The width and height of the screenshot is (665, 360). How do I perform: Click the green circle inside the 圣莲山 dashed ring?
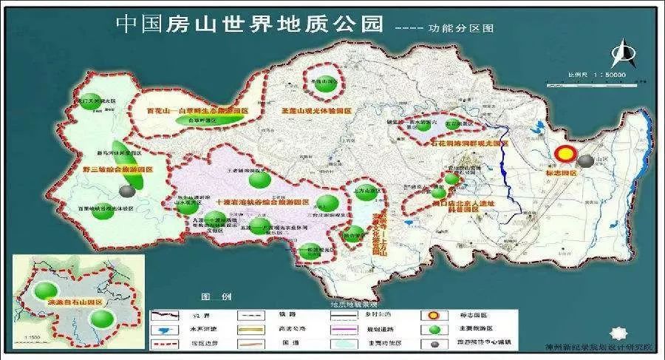[x=323, y=84]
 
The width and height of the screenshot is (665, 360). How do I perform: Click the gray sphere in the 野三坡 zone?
[x=128, y=191]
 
